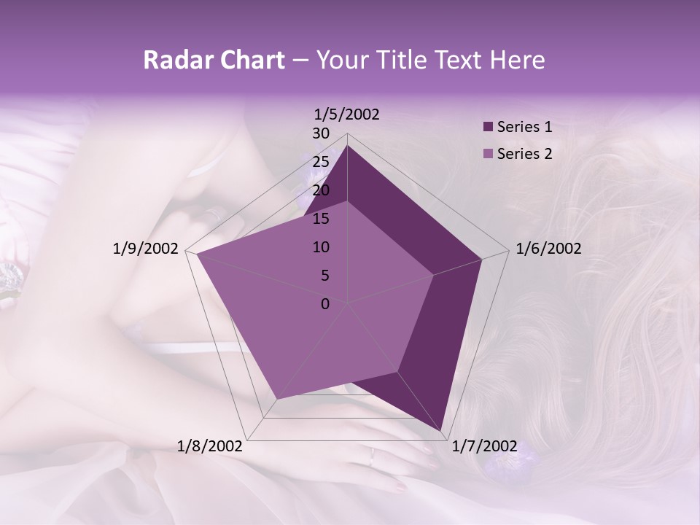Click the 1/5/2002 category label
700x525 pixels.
(347, 114)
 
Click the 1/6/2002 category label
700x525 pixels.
(548, 249)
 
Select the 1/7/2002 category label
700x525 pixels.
(484, 446)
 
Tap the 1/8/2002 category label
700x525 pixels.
(210, 446)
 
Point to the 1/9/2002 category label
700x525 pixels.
(146, 249)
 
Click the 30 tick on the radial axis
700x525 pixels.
(321, 133)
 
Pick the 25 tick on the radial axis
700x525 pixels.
(321, 162)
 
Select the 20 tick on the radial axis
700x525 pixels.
(321, 190)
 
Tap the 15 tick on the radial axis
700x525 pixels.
(321, 219)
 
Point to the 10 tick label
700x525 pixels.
(321, 247)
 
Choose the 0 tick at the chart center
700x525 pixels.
(325, 303)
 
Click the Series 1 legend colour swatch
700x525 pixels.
(488, 127)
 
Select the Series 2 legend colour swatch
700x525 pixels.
(488, 154)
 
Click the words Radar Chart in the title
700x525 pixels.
(214, 61)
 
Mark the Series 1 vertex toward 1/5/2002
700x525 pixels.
(347, 145)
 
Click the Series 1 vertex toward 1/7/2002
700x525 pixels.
(442, 431)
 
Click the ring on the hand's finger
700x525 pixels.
(373, 456)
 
